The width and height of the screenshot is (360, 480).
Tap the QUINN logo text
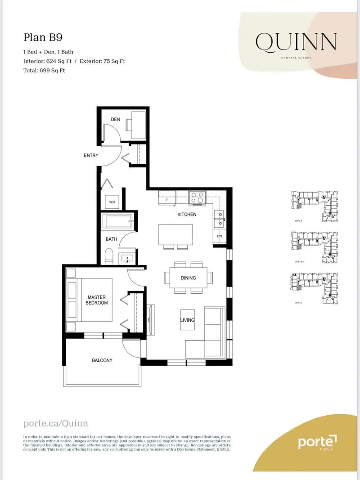point(296,42)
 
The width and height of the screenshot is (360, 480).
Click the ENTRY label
point(91,156)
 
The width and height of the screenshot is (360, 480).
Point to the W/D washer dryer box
point(112,202)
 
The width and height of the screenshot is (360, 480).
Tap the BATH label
point(112,239)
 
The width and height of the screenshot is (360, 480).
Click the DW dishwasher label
point(219,237)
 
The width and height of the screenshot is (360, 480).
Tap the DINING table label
point(188,278)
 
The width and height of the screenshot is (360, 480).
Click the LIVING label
point(188,320)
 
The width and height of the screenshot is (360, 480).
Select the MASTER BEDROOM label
point(97,300)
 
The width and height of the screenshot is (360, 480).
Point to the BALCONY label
point(102,360)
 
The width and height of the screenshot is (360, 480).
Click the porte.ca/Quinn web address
point(55,423)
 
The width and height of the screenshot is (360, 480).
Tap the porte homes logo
point(317,443)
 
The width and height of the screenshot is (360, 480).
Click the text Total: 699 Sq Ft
point(44,71)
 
